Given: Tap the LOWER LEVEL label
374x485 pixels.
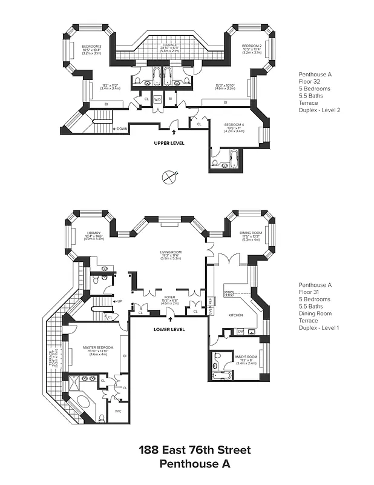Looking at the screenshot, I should [169, 329].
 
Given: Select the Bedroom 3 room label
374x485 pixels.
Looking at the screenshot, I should [92, 47].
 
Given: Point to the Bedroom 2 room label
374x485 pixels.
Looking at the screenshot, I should [251, 46].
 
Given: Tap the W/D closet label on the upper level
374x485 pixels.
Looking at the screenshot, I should [157, 99].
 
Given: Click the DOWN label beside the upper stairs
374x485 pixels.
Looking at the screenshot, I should [120, 129].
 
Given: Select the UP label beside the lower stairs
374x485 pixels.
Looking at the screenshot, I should [120, 301].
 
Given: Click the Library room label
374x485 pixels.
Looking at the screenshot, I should [93, 233].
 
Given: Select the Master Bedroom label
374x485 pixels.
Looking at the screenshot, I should [98, 347].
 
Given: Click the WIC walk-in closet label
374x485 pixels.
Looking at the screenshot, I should [119, 410].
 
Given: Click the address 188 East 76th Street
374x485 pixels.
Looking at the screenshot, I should [194, 450].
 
